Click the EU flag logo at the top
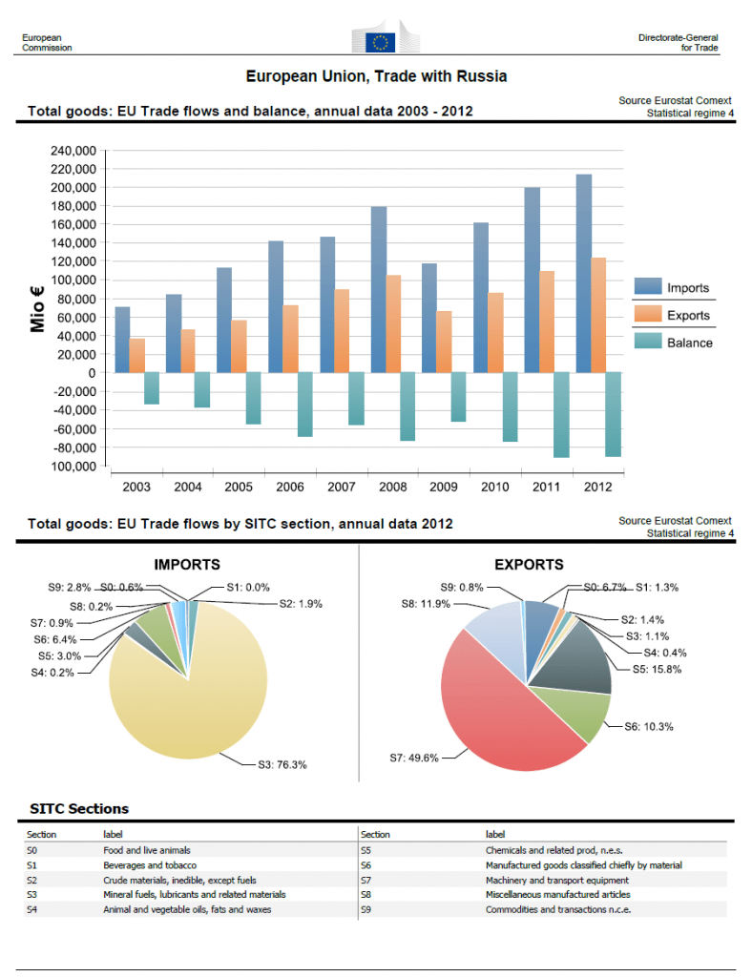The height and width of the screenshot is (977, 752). [x=382, y=40]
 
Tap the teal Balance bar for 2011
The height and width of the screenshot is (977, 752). [x=561, y=415]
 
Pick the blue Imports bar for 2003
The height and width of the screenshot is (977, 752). [x=122, y=340]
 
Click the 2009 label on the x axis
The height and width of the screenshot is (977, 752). [x=443, y=488]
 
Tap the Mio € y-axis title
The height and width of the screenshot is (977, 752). [x=38, y=308]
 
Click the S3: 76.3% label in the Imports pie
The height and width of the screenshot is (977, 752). [x=282, y=764]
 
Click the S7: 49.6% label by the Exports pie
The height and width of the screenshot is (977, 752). [x=417, y=759]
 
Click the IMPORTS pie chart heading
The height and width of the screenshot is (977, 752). [x=187, y=565]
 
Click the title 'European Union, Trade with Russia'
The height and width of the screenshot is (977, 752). [x=376, y=76]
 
